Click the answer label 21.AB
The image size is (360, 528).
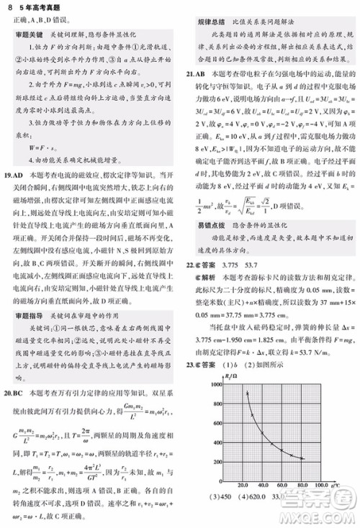coord(195,73)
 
